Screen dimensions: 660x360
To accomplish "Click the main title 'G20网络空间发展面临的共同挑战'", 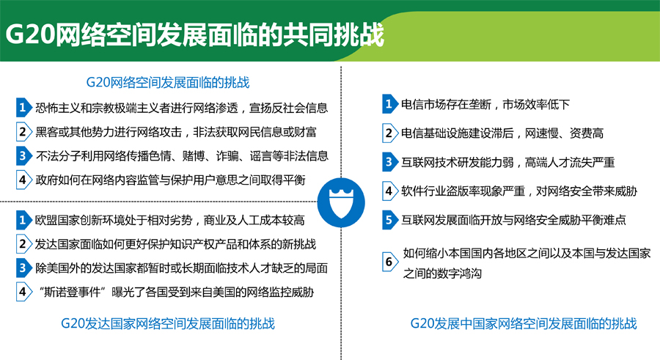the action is click(x=194, y=34).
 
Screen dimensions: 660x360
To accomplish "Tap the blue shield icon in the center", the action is click(x=341, y=202).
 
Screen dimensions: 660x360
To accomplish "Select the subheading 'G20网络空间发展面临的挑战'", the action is click(x=167, y=82).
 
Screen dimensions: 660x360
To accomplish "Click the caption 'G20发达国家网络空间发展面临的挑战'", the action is click(x=167, y=323).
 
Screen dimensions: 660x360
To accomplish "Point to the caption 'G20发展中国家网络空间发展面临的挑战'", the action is click(x=523, y=323).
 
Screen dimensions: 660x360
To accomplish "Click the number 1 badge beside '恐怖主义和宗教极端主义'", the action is click(x=23, y=108).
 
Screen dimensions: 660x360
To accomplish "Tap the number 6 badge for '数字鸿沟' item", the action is click(x=390, y=262).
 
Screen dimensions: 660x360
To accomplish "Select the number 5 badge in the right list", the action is click(x=390, y=220).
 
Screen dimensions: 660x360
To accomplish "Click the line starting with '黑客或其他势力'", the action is click(x=176, y=132).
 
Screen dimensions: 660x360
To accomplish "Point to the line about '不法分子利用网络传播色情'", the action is click(x=182, y=156).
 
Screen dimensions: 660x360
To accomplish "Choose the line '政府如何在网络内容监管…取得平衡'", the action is click(x=170, y=180).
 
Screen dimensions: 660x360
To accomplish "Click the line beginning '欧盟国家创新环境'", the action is click(x=169, y=220).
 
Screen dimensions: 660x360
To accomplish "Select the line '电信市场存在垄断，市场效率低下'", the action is click(x=485, y=104).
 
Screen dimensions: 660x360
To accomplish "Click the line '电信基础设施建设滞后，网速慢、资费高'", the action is click(x=502, y=133).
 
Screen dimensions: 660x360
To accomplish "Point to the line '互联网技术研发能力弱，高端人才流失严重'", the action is click(x=507, y=162).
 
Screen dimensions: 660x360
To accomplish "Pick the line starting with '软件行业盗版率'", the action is click(x=519, y=191).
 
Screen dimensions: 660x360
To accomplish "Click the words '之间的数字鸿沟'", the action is click(x=442, y=273).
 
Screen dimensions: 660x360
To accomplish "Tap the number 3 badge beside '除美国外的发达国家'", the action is click(x=23, y=268).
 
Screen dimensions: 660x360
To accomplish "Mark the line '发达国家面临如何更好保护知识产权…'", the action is click(x=175, y=244).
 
